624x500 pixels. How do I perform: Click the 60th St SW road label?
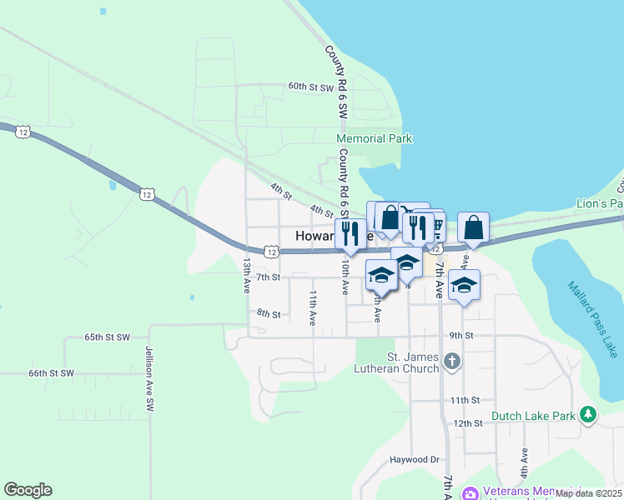tap(310, 87)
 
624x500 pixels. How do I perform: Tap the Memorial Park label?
tap(375, 138)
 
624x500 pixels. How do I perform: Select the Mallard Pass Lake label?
tap(591, 320)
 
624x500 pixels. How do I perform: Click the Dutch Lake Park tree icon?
tap(588, 414)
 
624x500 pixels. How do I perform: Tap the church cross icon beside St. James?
tap(452, 362)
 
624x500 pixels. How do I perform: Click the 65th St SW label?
tap(108, 337)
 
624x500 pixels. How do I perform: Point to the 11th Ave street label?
tap(313, 307)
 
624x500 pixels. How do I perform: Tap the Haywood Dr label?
tap(415, 459)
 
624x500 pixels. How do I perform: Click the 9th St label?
tap(461, 336)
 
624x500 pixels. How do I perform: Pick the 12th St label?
tap(469, 423)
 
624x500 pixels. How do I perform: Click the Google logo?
tap(28, 490)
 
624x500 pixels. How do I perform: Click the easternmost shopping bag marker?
tap(473, 227)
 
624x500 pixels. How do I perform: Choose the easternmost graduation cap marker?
tap(464, 285)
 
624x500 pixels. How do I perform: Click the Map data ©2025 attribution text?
tap(588, 493)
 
